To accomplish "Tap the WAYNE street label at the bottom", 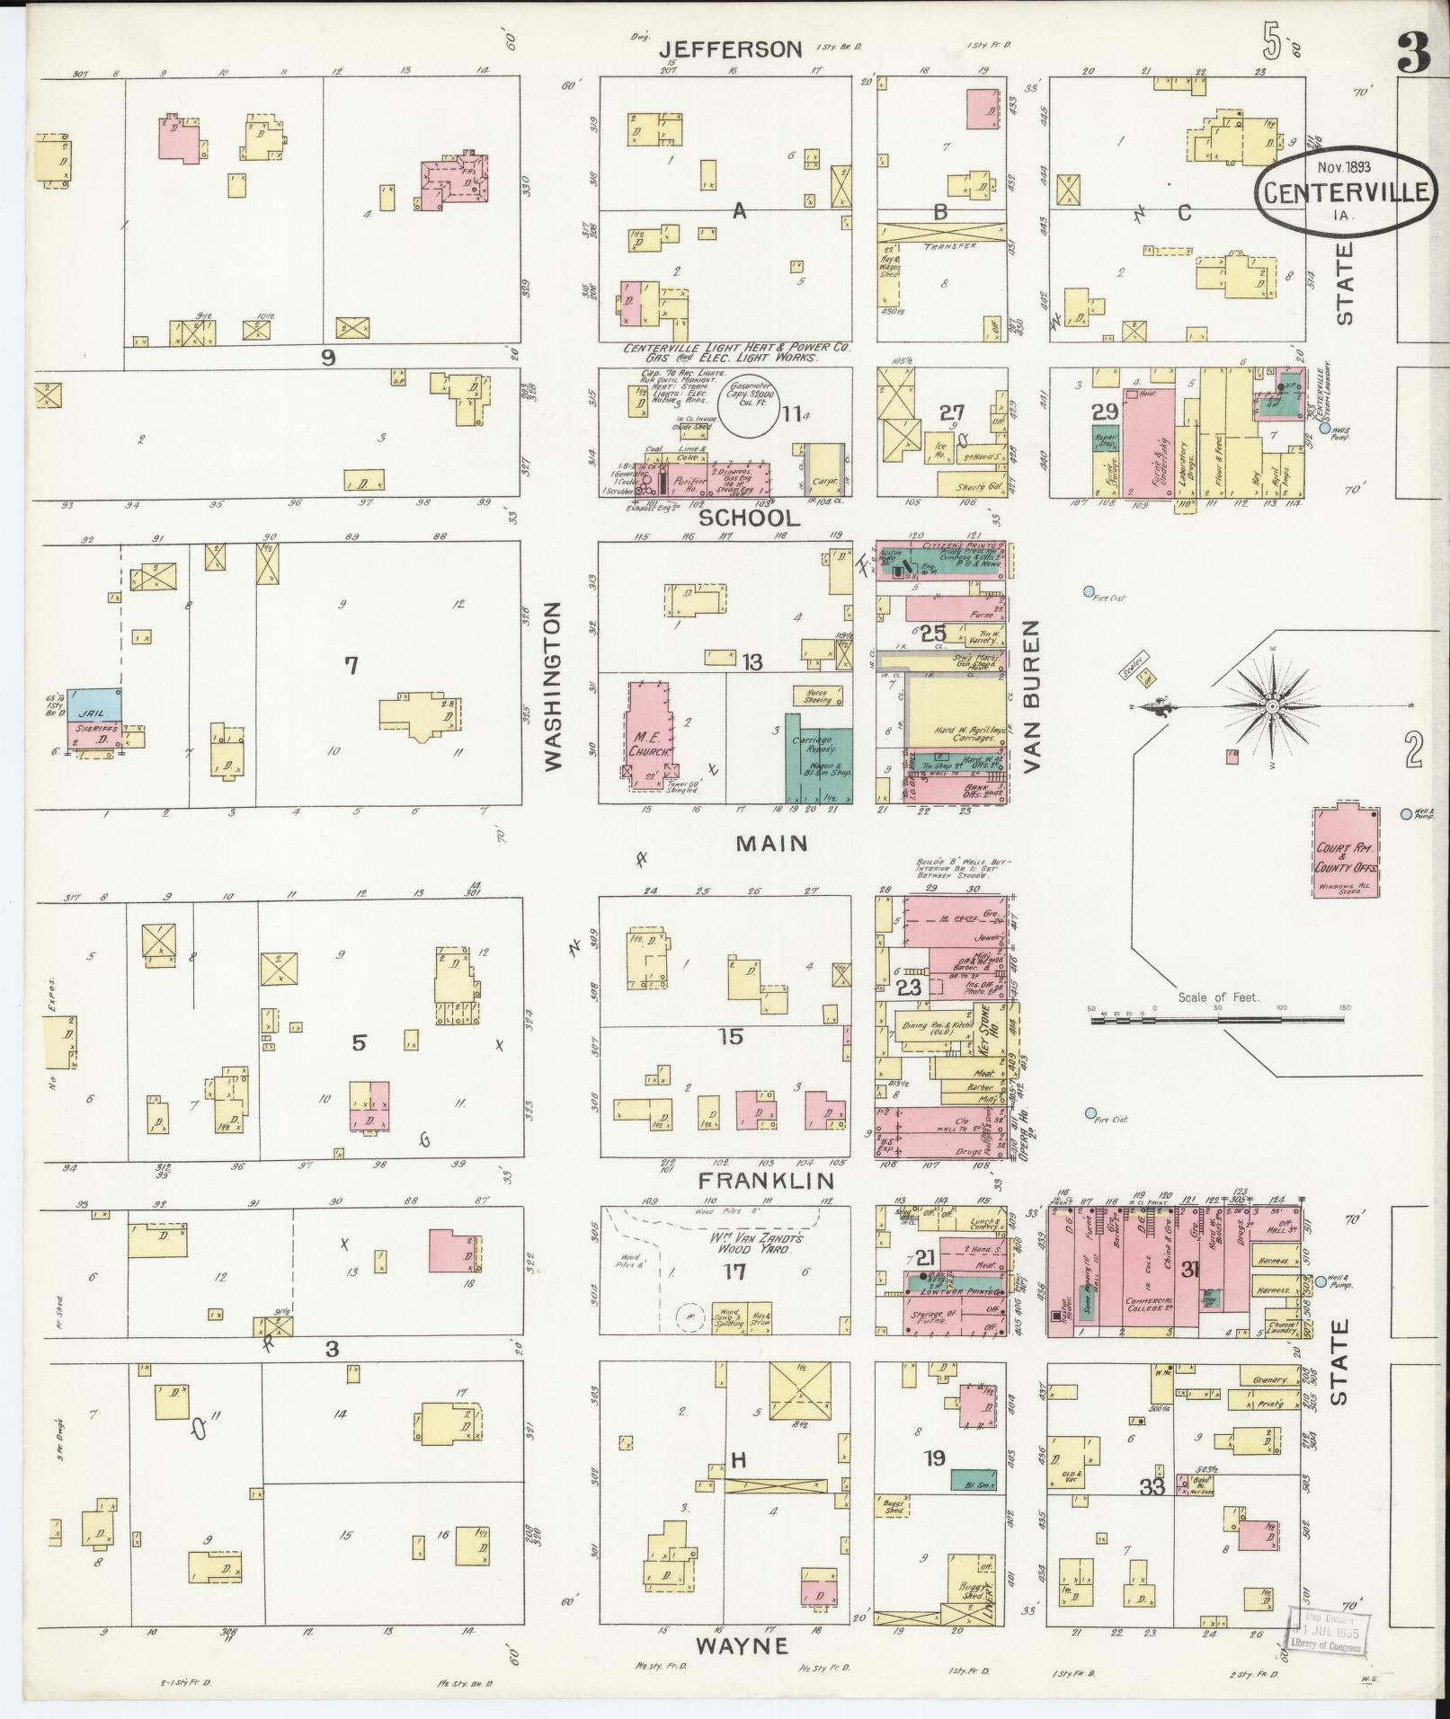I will pyautogui.click(x=741, y=1645).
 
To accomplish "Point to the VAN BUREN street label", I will pyautogui.click(x=1030, y=696).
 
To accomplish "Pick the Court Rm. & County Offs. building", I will pyautogui.click(x=1346, y=852).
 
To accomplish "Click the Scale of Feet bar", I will pyautogui.click(x=1218, y=1021).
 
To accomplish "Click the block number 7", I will pyautogui.click(x=351, y=666).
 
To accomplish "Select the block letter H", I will pyautogui.click(x=737, y=1460).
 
